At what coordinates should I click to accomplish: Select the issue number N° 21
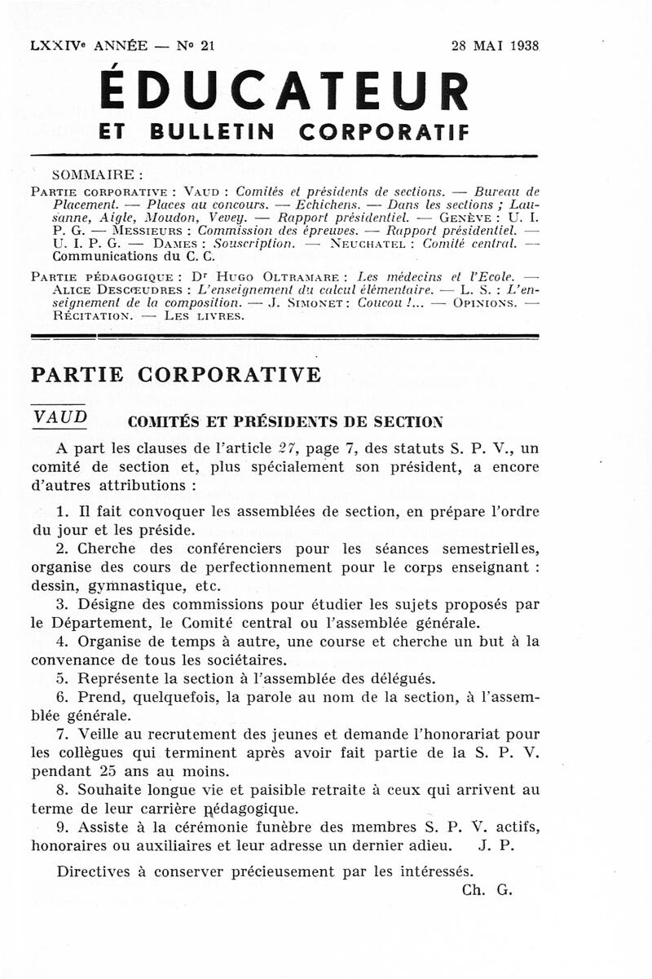(x=196, y=46)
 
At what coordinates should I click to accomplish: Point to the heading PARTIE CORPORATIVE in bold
(x=176, y=375)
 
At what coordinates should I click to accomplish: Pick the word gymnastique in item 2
(x=132, y=586)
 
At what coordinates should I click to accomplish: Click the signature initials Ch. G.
(x=487, y=890)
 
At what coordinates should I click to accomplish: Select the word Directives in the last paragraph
(x=92, y=871)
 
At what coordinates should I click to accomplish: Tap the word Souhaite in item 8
(x=110, y=790)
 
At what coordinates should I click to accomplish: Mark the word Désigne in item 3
(x=106, y=605)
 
